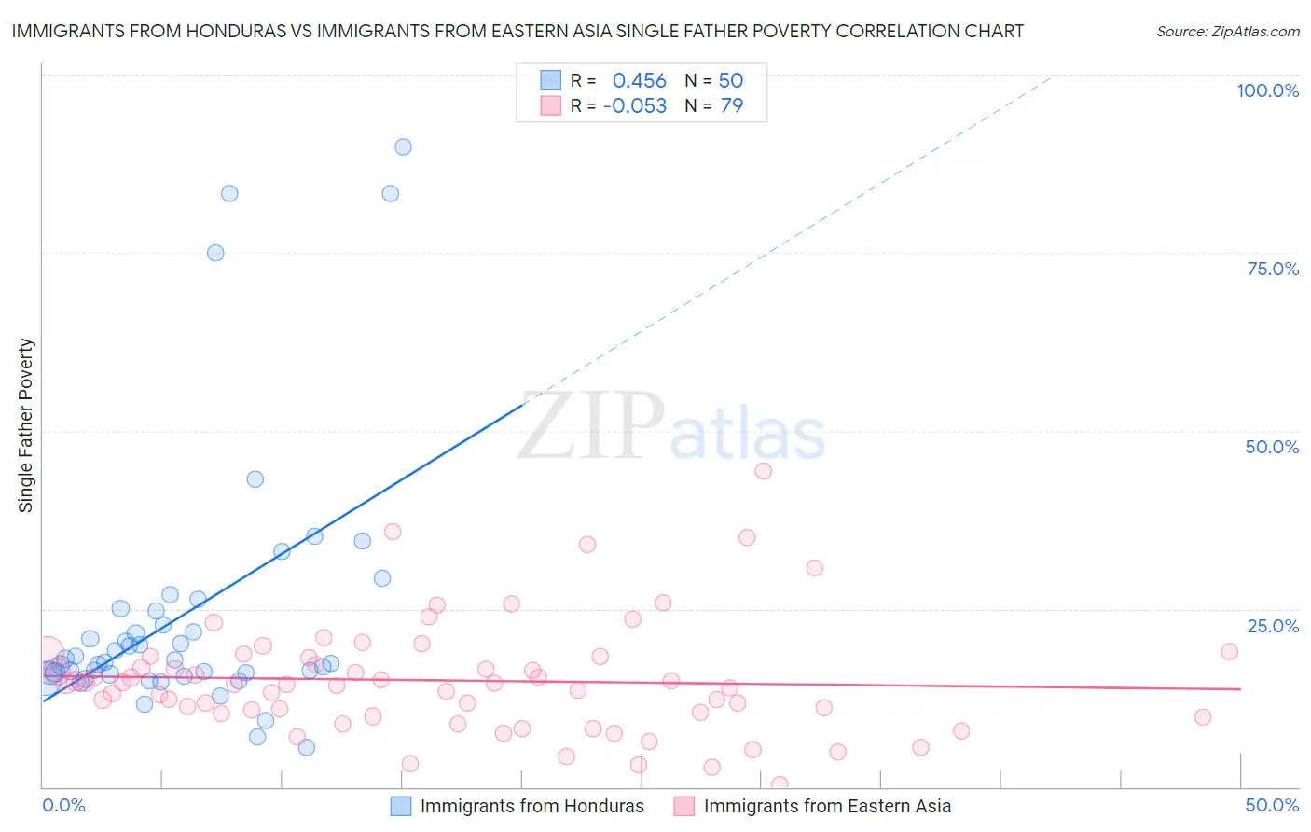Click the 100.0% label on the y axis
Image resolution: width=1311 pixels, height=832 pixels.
(1267, 90)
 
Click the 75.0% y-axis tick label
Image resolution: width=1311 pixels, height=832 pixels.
(1273, 269)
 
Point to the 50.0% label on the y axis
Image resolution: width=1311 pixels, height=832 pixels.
(1272, 447)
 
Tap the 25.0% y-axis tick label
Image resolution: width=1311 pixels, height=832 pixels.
(1273, 626)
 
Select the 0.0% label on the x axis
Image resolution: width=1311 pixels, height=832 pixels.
(63, 805)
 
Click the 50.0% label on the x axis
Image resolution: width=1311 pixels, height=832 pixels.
(1272, 805)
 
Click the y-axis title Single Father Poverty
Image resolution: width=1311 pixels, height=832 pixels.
(26, 425)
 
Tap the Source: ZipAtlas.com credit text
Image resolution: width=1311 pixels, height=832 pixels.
(1227, 31)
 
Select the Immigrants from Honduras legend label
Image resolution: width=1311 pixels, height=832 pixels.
(531, 806)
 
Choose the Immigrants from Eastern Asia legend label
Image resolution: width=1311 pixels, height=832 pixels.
(827, 806)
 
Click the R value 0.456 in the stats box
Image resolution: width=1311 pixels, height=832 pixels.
(639, 81)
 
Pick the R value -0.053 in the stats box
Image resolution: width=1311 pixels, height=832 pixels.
(635, 106)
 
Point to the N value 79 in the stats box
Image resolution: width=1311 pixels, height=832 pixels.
(732, 106)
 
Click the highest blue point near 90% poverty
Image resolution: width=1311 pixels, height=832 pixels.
(403, 146)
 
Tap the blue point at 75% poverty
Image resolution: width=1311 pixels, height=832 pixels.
(215, 253)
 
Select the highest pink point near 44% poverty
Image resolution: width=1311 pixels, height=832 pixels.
(763, 471)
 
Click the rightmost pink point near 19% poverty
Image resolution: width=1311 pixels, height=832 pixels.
(1229, 652)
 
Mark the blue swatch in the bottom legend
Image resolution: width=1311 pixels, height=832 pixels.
(400, 806)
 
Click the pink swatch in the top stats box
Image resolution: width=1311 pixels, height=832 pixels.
(551, 106)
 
